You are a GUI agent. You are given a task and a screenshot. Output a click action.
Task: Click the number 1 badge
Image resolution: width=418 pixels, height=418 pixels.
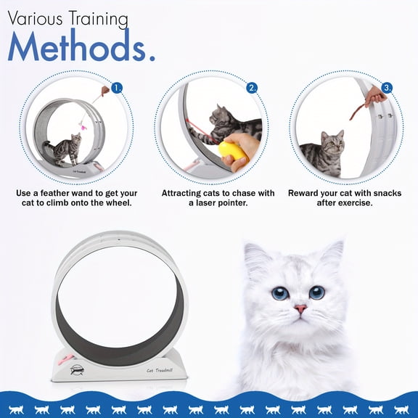[118, 88]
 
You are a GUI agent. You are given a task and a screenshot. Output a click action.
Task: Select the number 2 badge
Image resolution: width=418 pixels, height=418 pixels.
[252, 88]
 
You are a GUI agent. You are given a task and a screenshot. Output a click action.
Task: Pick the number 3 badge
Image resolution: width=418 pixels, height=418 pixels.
[388, 88]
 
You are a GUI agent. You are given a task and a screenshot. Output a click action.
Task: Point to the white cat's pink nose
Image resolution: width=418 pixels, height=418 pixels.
[300, 309]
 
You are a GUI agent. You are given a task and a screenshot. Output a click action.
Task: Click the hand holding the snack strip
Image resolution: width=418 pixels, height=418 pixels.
[376, 95]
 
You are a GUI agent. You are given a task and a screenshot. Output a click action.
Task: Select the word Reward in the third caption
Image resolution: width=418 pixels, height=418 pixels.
[305, 194]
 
